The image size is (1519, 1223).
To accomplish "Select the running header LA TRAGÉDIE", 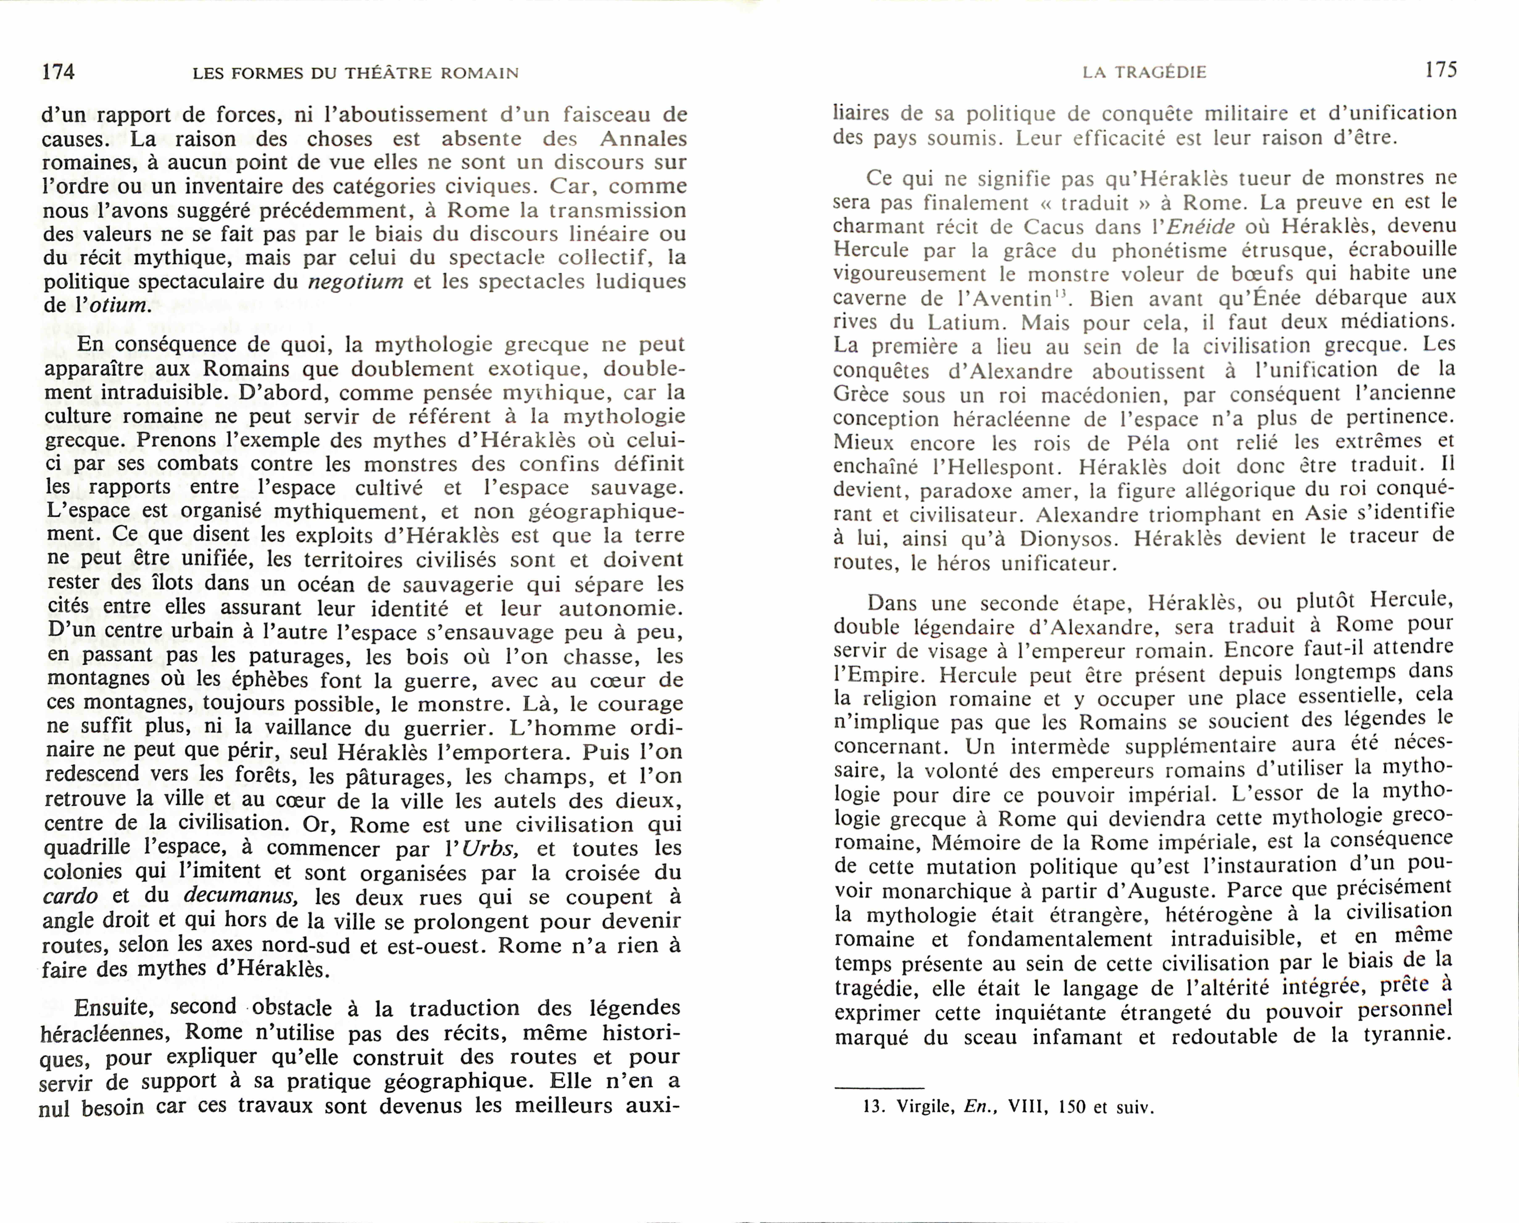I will pos(1145,72).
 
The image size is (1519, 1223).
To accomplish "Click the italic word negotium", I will pos(356,282).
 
